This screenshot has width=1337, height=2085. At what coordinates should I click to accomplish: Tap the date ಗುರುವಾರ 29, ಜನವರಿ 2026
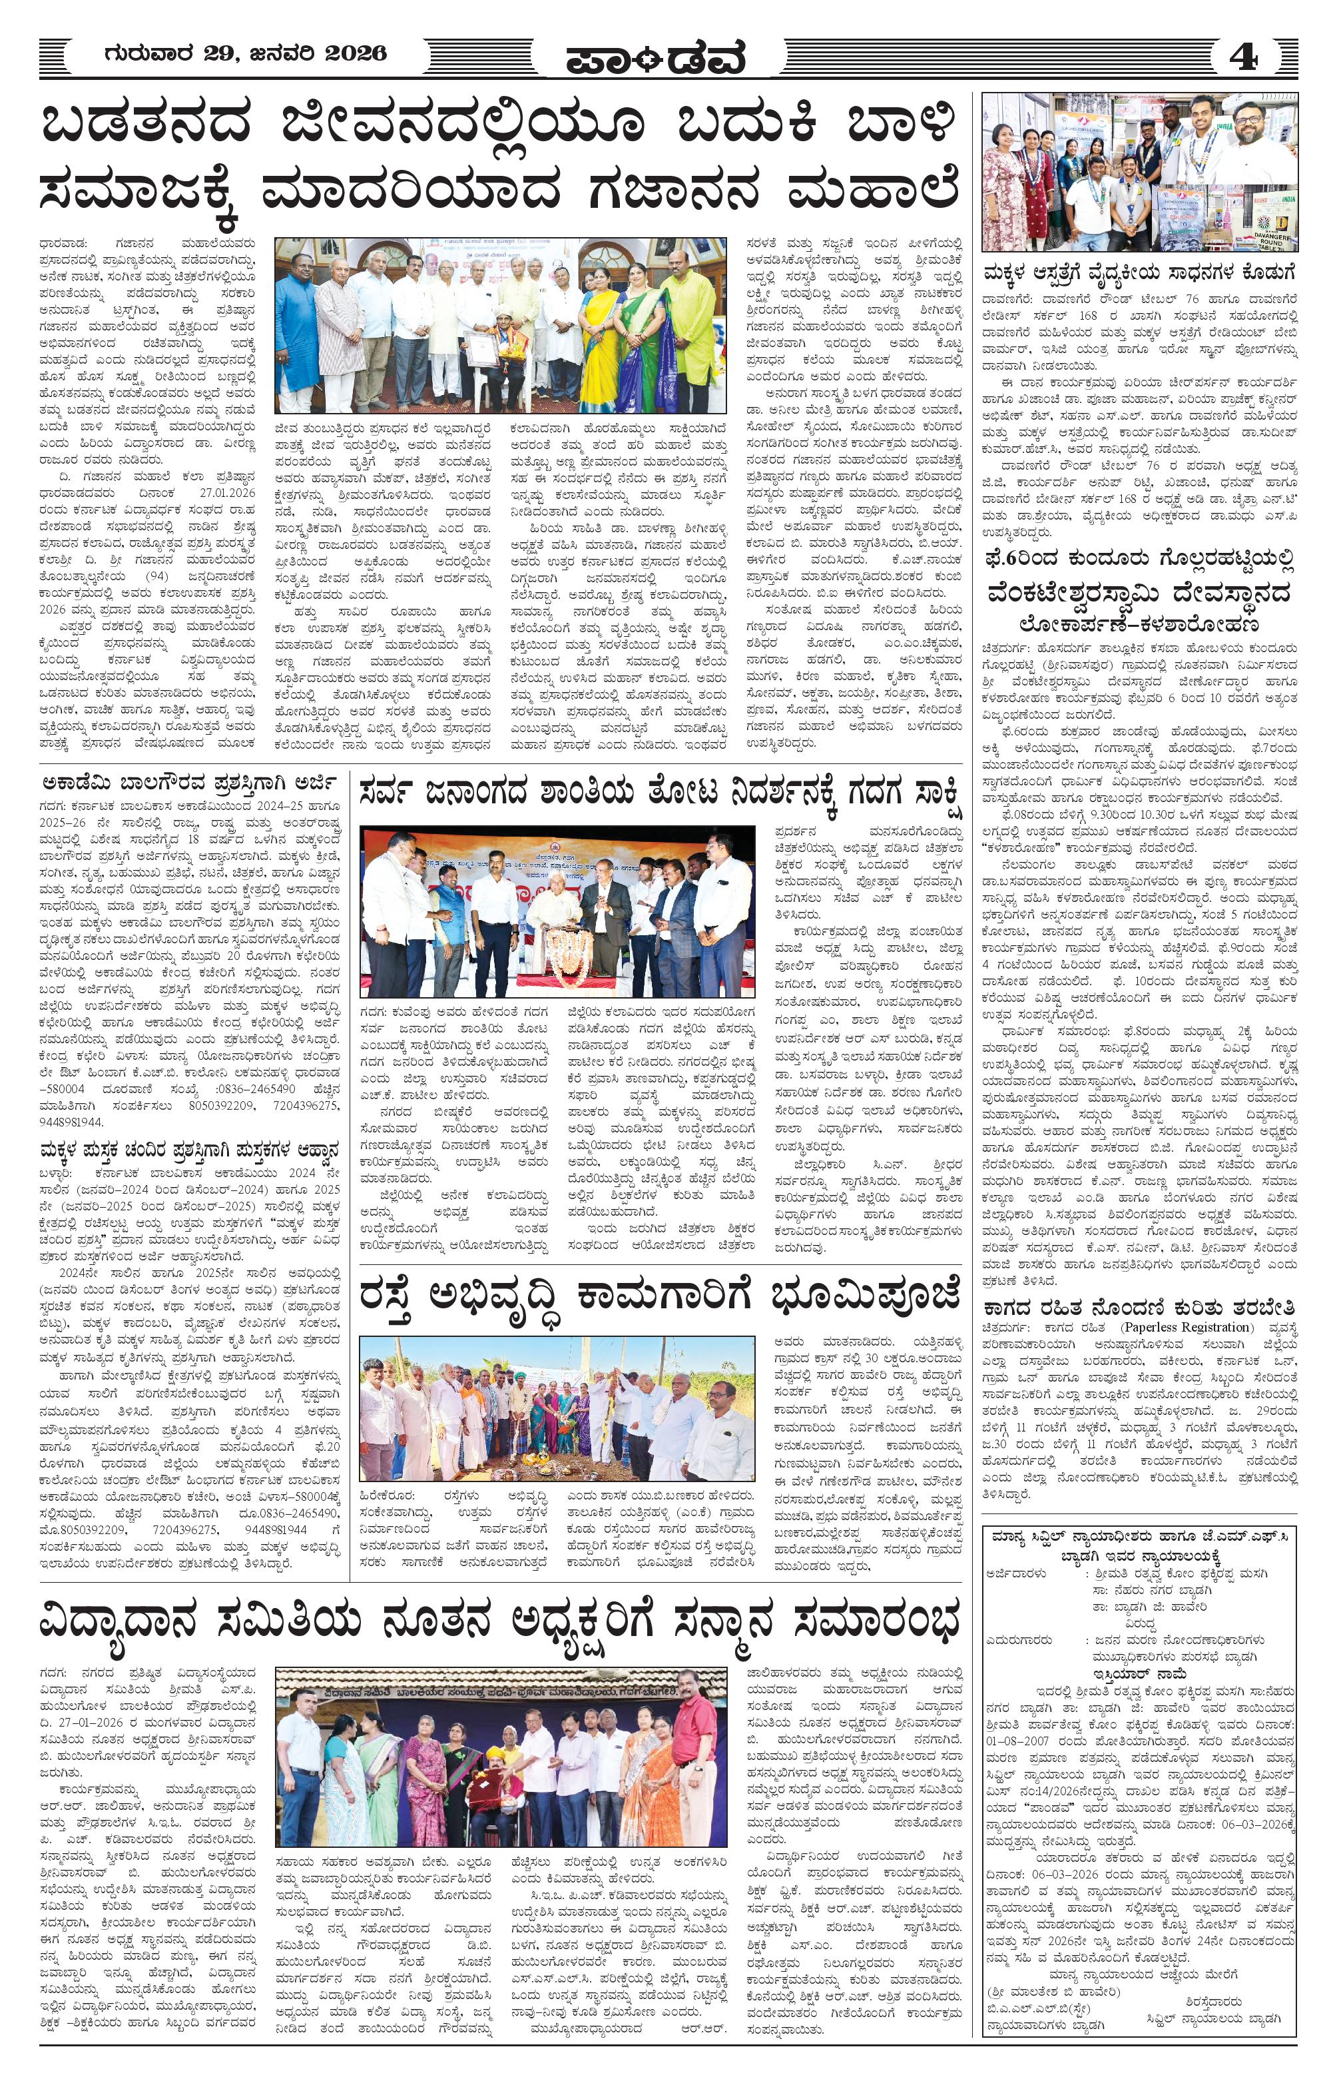[x=245, y=54]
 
